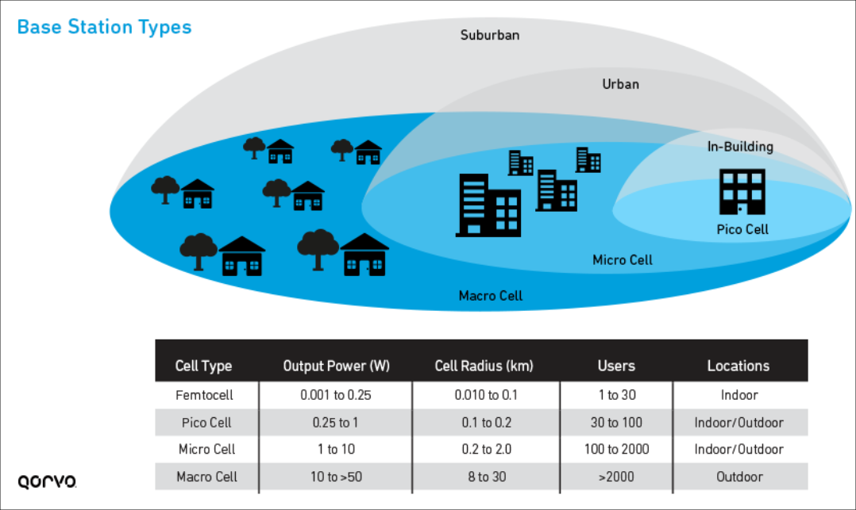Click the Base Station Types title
(104, 27)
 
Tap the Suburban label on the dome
(490, 35)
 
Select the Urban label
(620, 83)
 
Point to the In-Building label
(740, 147)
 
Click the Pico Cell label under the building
(742, 230)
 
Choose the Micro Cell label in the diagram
(623, 259)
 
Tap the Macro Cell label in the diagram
(491, 296)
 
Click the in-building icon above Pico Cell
(742, 191)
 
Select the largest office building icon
(488, 205)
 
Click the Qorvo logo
(47, 481)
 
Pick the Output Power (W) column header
(337, 366)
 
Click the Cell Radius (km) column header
(484, 366)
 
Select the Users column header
(616, 366)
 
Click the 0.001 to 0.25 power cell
(336, 395)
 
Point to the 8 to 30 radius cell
(486, 477)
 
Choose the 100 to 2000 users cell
(616, 449)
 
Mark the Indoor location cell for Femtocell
(738, 395)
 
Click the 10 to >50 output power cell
(336, 477)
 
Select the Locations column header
(738, 366)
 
